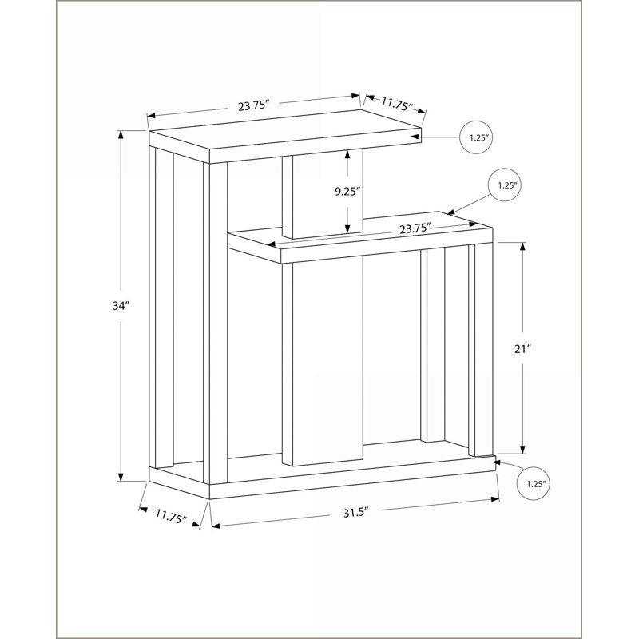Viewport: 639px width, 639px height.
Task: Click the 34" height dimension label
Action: [x=121, y=306]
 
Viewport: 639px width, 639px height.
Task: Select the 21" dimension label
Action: [x=523, y=349]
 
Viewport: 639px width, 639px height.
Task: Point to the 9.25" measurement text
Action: [x=347, y=192]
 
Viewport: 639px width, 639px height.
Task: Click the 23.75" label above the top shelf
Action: [x=254, y=106]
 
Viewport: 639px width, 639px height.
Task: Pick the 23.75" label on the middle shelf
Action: [x=415, y=228]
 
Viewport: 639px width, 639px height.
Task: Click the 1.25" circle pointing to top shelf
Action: [x=476, y=137]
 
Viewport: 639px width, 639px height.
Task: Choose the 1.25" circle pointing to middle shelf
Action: [x=505, y=185]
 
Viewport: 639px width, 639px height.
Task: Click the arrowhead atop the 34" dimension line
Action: [x=121, y=134]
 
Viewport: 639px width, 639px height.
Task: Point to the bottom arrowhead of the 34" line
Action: [x=121, y=477]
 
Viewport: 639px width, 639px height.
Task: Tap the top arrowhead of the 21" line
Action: [x=523, y=247]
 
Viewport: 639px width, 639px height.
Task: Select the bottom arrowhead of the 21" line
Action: [x=523, y=449]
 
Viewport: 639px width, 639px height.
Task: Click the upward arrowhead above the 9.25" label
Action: [x=347, y=154]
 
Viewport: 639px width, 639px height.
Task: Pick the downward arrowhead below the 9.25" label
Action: [x=347, y=228]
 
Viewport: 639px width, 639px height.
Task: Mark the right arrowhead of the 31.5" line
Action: [x=495, y=498]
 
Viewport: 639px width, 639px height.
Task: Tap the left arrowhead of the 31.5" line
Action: [x=216, y=526]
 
